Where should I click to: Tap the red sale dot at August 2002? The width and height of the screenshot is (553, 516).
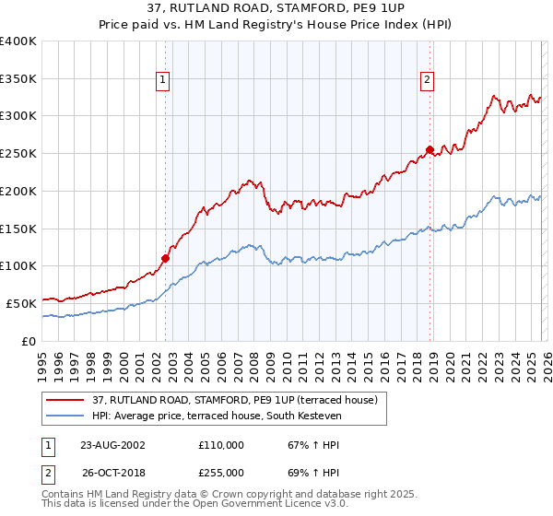click(x=166, y=258)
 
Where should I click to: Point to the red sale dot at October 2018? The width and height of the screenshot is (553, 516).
click(x=429, y=149)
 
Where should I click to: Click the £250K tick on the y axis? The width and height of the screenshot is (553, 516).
click(x=18, y=154)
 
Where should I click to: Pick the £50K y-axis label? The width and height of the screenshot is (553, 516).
click(x=20, y=303)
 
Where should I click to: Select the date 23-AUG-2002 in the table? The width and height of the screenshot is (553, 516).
click(x=112, y=445)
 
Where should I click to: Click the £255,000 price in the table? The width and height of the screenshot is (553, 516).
click(x=221, y=473)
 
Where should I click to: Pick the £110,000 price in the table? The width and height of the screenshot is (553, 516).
click(x=221, y=445)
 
